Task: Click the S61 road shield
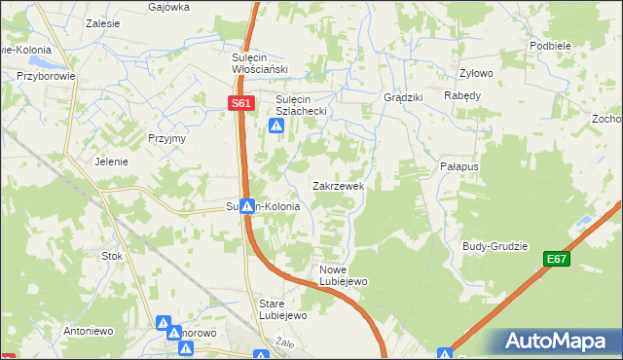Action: click(242, 103)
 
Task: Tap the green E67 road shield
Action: click(556, 259)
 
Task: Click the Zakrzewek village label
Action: click(338, 185)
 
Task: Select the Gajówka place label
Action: click(168, 6)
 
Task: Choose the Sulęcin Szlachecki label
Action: click(306, 105)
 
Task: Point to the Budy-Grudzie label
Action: click(495, 246)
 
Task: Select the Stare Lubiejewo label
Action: click(283, 308)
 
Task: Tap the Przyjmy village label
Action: click(166, 138)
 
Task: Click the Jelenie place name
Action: click(111, 162)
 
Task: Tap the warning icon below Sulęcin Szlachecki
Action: click(276, 126)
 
